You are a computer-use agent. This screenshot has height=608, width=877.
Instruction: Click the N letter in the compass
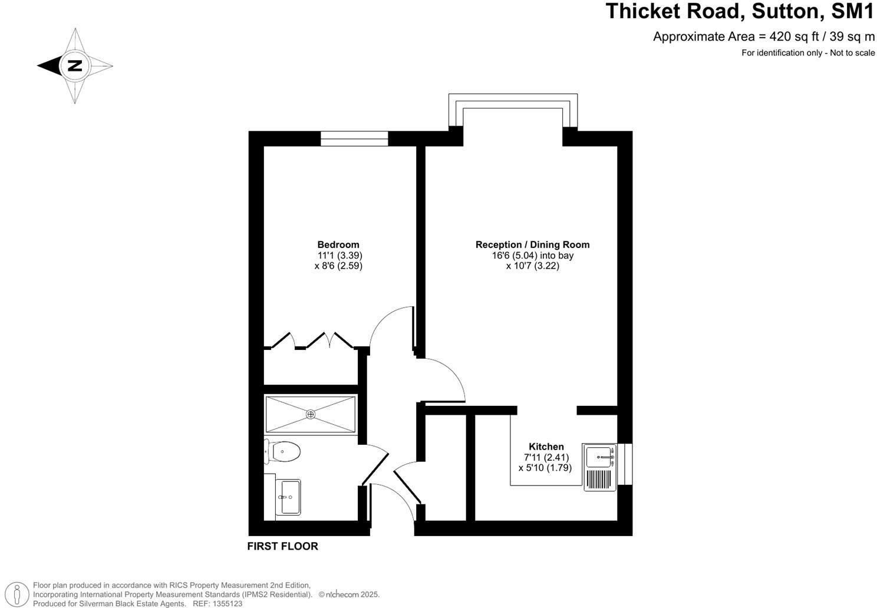pos(75,65)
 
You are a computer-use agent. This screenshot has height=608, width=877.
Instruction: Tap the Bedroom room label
pos(338,244)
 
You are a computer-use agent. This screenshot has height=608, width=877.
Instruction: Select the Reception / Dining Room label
pos(532,244)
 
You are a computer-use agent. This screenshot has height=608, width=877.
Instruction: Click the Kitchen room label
pos(546,447)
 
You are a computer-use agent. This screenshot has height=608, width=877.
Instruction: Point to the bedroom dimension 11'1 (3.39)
pos(339,256)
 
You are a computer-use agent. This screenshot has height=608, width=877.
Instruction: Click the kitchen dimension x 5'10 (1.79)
pos(545,468)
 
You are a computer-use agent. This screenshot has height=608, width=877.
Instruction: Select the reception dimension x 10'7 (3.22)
pos(532,266)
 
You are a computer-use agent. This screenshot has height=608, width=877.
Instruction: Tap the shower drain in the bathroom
pos(311,415)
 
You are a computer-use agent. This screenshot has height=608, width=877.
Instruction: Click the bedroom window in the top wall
pos(354,138)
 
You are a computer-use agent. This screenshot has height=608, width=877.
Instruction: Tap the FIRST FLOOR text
pos(282,546)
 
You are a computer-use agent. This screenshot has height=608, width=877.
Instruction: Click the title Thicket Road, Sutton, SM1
pos(740,11)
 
